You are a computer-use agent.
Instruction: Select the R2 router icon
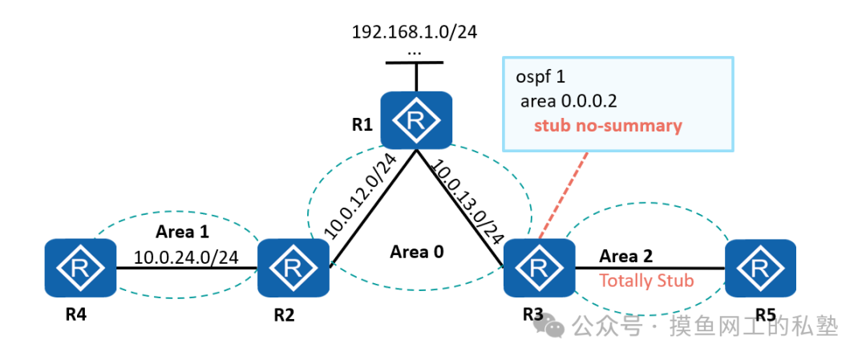tap(293, 267)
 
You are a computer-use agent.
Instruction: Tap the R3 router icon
tap(538, 268)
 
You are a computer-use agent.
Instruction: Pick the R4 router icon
tap(81, 268)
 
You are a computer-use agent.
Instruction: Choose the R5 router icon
tap(759, 268)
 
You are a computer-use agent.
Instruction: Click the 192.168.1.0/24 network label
tap(415, 32)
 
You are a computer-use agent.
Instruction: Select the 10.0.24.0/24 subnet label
tap(186, 257)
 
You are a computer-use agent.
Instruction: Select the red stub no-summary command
tap(608, 126)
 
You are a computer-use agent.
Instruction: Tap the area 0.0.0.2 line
tap(569, 102)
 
